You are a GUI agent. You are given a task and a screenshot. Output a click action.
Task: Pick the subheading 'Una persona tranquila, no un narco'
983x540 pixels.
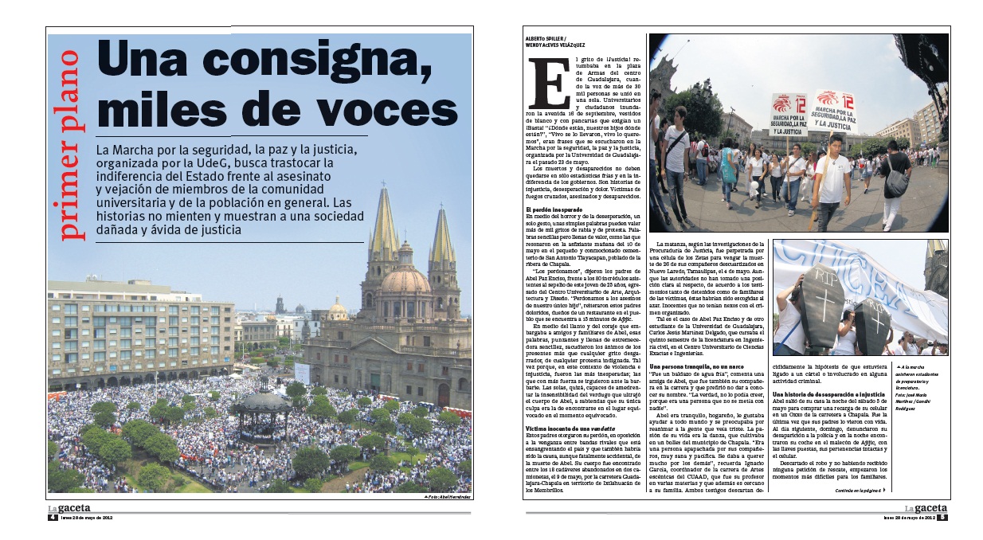[700, 366]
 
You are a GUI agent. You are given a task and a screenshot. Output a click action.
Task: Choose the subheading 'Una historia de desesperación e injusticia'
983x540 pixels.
[839, 395]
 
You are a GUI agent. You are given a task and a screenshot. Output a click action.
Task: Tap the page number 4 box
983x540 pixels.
[52, 517]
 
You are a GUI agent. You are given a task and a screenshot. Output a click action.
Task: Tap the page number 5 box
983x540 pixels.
[941, 517]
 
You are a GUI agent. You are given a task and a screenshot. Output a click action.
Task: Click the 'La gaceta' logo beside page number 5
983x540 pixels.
[925, 508]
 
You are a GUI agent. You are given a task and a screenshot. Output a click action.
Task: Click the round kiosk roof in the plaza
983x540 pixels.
[263, 401]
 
